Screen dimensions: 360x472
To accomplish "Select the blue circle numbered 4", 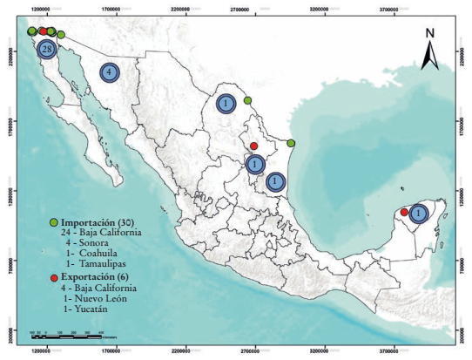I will coord(110,72).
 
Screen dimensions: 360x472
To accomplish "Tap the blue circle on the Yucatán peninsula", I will coord(418,213).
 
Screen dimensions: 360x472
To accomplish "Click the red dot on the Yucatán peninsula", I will coord(404,212).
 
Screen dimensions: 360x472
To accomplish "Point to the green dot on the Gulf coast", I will coord(291,143).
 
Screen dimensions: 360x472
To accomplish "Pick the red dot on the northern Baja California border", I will coord(42,31).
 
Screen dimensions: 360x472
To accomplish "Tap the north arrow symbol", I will coord(429,57).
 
